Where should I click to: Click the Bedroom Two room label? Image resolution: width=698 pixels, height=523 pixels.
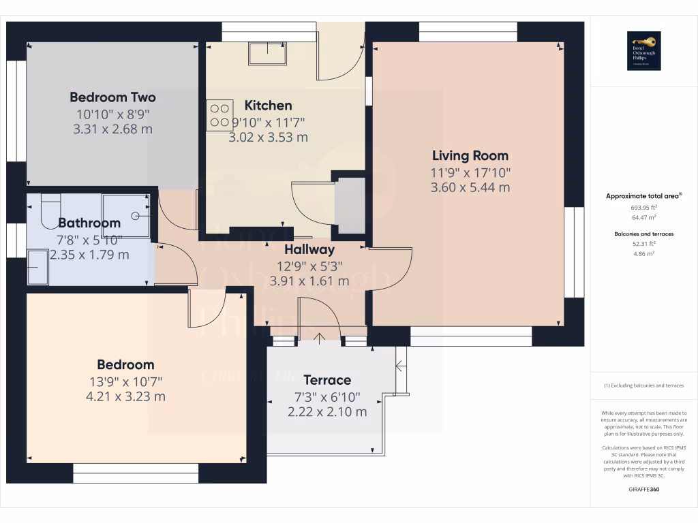tap(112, 97)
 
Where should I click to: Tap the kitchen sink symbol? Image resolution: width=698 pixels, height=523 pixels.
tap(268, 52)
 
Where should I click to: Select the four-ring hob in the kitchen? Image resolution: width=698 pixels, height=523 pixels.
tap(219, 115)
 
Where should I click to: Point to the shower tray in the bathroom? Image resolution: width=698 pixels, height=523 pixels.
tap(127, 215)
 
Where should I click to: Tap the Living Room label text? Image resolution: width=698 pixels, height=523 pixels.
tap(470, 156)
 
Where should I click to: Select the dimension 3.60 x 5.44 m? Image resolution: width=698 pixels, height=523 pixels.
tap(470, 187)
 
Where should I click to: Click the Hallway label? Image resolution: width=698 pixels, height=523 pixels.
tap(309, 250)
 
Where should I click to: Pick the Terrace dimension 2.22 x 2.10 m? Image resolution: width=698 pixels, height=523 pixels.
tap(327, 411)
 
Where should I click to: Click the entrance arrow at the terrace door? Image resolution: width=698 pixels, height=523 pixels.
tap(319, 336)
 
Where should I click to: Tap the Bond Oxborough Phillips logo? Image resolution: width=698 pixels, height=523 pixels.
tap(643, 50)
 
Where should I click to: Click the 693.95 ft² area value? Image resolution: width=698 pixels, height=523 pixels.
tap(644, 207)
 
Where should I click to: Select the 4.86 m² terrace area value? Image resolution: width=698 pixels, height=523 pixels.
tap(644, 253)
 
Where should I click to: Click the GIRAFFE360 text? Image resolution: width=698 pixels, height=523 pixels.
tap(644, 489)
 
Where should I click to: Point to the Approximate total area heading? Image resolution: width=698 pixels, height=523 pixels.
tap(643, 196)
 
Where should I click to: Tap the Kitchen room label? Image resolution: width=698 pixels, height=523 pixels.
tap(268, 106)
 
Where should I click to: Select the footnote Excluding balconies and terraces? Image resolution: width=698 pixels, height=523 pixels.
tap(644, 385)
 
